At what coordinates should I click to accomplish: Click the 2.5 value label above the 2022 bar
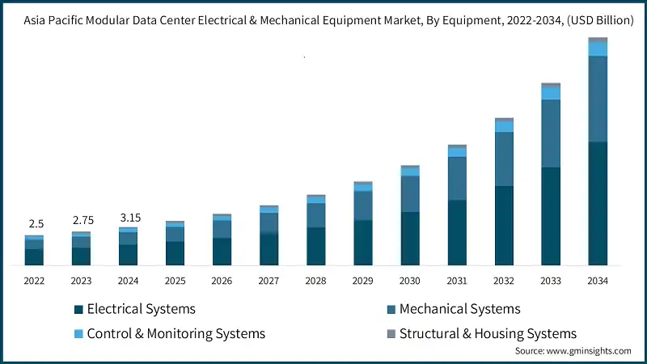(x=34, y=223)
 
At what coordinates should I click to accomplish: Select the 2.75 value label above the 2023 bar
(x=81, y=220)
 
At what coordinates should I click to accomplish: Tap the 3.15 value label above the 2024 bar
(x=128, y=217)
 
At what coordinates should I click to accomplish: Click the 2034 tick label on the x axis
(x=597, y=281)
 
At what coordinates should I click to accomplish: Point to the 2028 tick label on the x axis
(x=315, y=281)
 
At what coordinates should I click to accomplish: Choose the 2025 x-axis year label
(x=175, y=281)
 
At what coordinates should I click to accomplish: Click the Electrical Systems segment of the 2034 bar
(x=598, y=203)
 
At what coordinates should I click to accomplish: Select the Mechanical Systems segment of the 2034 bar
(x=598, y=99)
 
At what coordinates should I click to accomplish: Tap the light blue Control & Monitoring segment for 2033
(x=551, y=93)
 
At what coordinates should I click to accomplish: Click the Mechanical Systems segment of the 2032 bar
(x=504, y=159)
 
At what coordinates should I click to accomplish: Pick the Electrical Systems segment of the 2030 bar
(x=410, y=239)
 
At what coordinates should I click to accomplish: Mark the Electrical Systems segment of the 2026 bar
(x=222, y=252)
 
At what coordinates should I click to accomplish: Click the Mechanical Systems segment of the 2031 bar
(x=457, y=178)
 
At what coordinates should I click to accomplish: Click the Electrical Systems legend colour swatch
(x=78, y=310)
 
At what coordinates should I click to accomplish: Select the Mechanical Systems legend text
(x=459, y=309)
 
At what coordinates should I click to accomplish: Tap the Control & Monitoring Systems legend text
(x=175, y=333)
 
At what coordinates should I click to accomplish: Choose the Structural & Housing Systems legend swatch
(x=391, y=334)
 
